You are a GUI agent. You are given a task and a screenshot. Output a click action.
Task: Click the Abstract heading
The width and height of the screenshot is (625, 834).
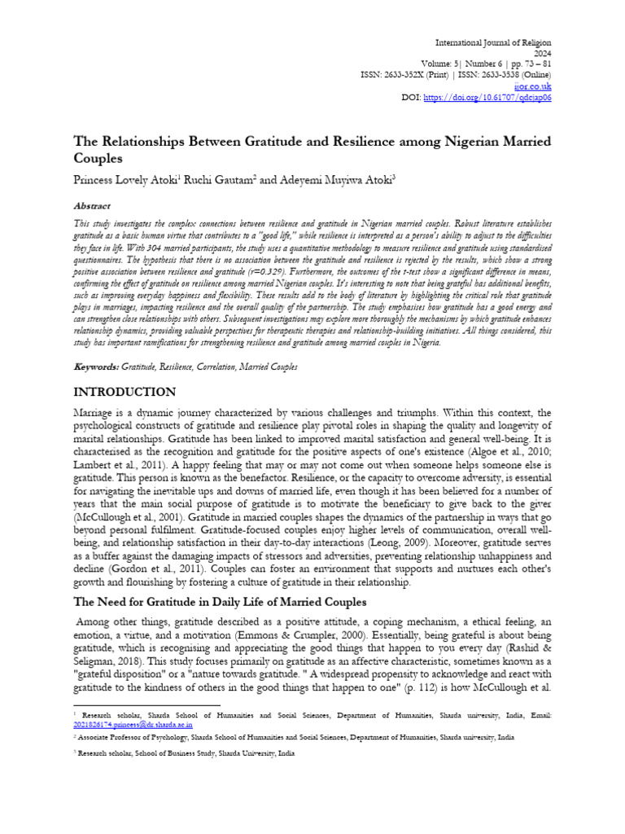tap(92, 206)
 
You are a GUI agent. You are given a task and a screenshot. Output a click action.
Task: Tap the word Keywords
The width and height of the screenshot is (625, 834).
tap(96, 367)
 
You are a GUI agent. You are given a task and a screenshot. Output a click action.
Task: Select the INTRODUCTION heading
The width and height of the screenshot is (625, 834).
tap(125, 393)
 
